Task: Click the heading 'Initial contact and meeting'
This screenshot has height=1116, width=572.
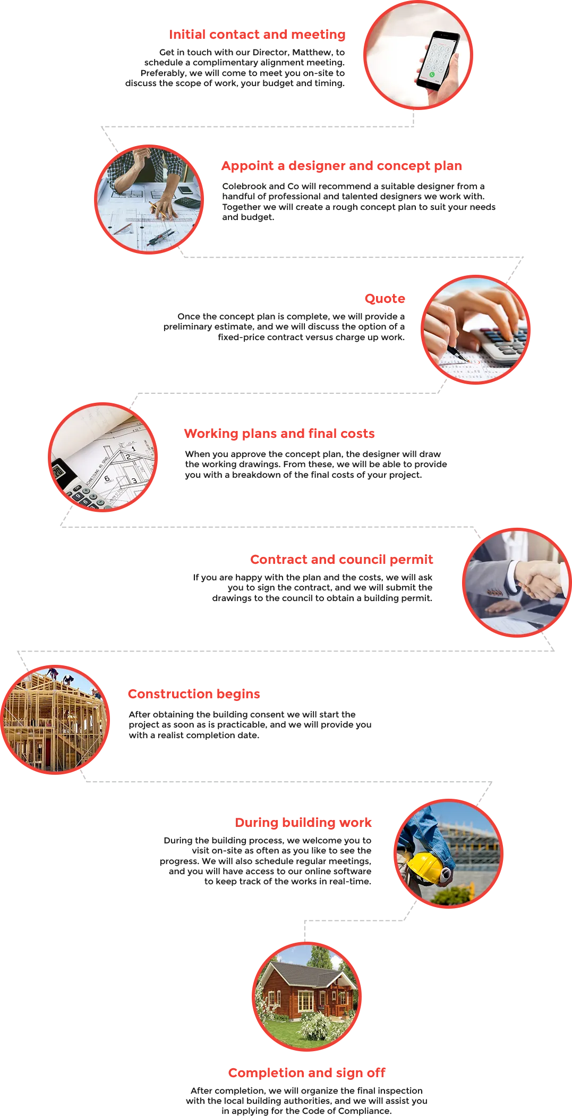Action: (x=257, y=35)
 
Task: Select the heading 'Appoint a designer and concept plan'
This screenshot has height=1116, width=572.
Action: (x=342, y=166)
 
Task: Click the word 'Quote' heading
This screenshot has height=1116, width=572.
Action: (x=385, y=299)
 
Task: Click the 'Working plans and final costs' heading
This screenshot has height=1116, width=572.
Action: (x=279, y=434)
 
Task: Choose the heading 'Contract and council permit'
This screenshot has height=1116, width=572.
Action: (x=342, y=560)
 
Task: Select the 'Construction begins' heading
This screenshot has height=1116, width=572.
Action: (x=194, y=694)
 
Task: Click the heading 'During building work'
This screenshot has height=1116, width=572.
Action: (x=303, y=823)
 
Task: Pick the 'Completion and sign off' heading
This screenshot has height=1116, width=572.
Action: (x=307, y=1073)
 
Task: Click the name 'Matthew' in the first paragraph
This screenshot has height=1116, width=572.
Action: (x=312, y=53)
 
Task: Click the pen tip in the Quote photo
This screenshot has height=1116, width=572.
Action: (x=467, y=360)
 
